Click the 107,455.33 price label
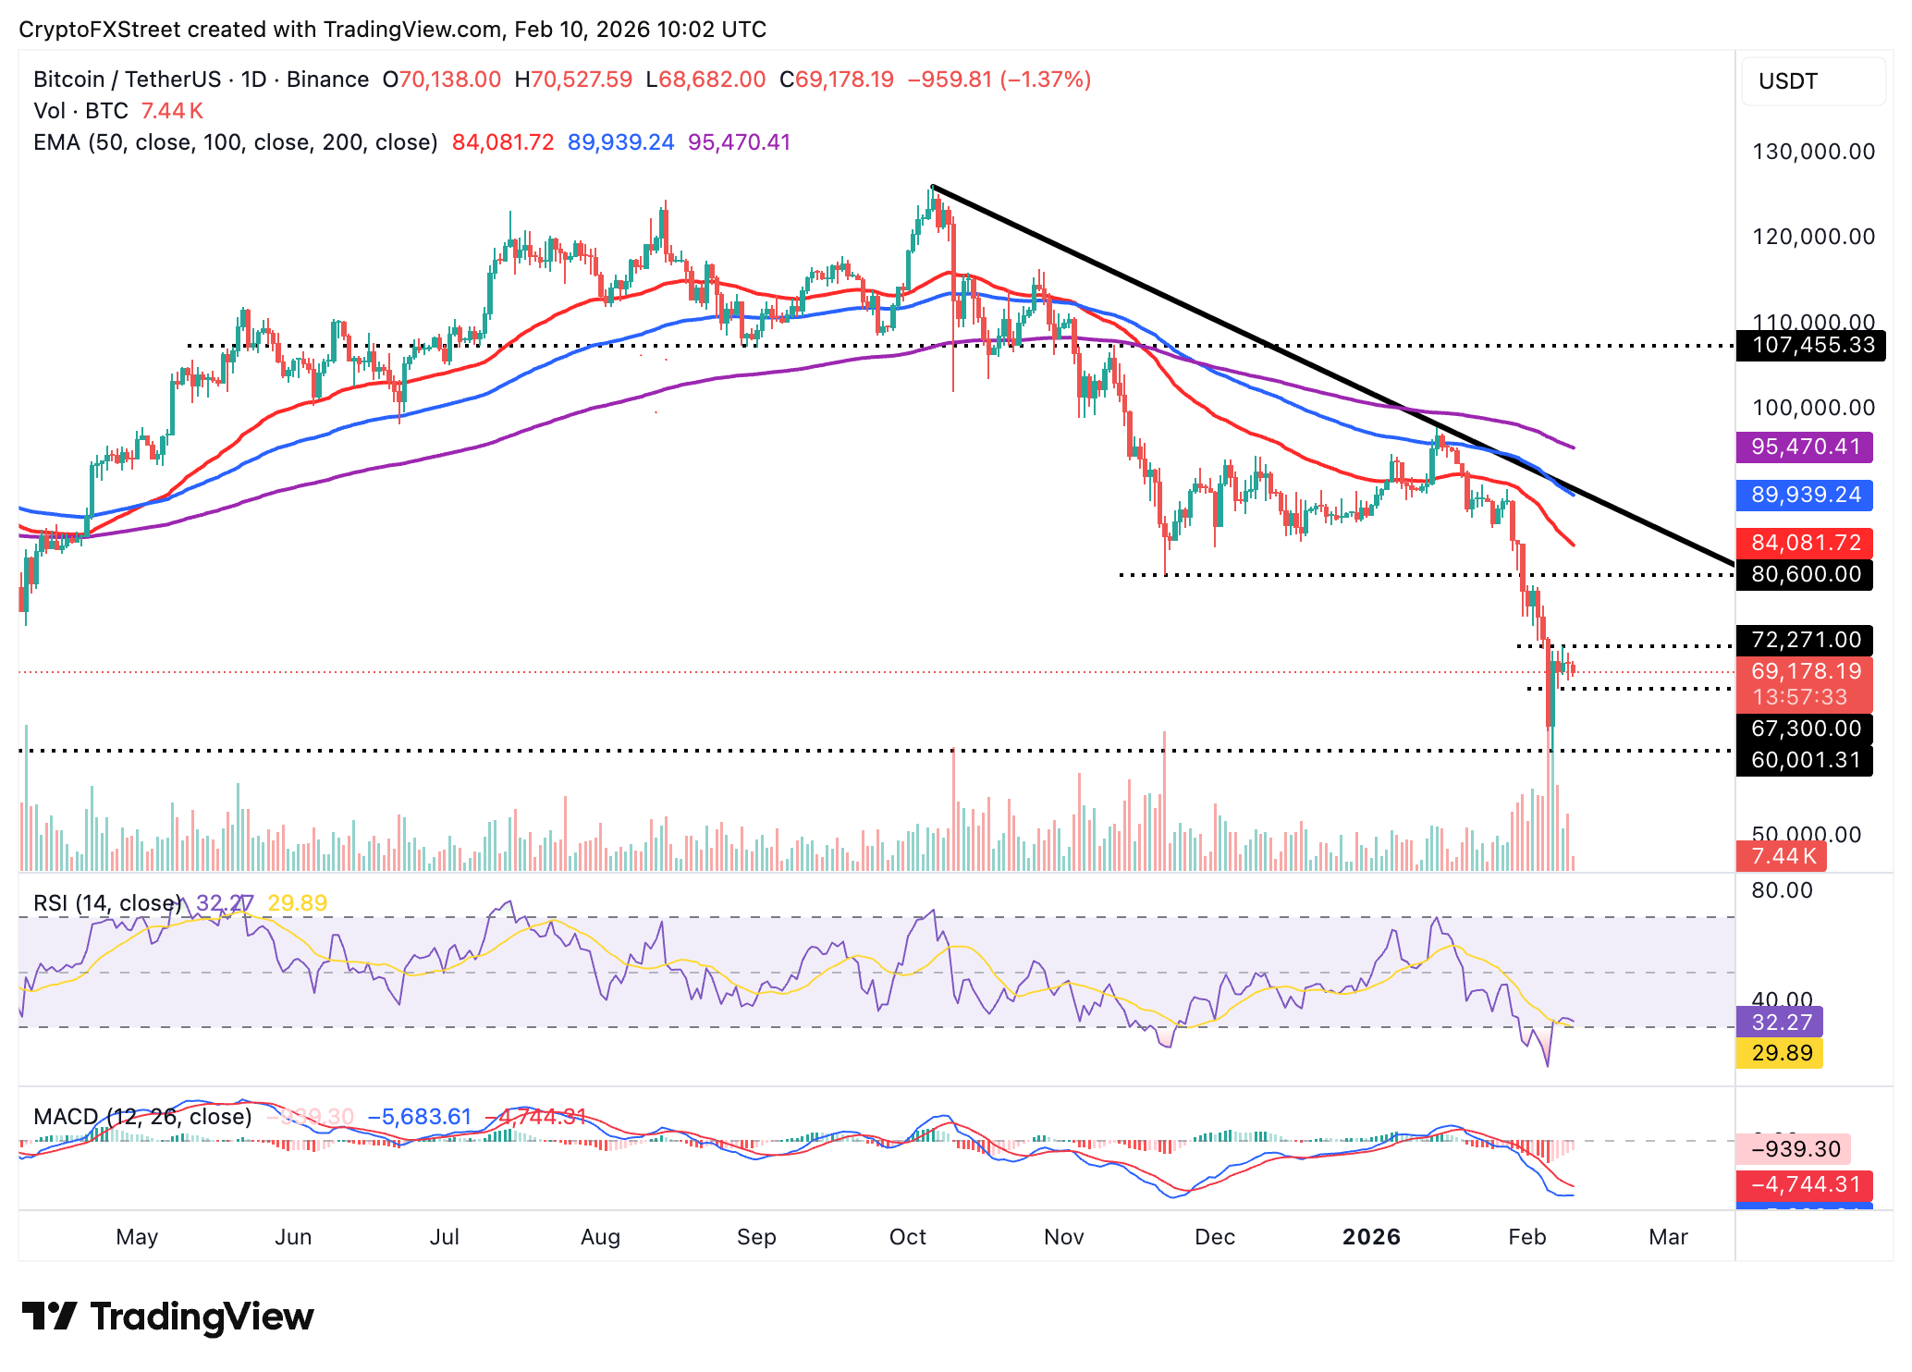(x=1810, y=346)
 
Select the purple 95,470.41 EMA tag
(x=1805, y=447)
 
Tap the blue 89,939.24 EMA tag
(x=1805, y=496)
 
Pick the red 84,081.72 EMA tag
(x=1805, y=543)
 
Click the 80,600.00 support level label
(x=1805, y=575)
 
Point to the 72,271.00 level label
(x=1805, y=640)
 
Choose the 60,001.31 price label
(x=1805, y=760)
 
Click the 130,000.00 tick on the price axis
(x=1813, y=152)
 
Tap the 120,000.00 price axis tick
(x=1813, y=237)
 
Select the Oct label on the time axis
(x=907, y=1237)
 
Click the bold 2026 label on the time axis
(x=1371, y=1237)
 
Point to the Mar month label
(x=1668, y=1237)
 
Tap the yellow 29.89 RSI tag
(x=1780, y=1053)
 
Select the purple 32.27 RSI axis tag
(x=1780, y=1023)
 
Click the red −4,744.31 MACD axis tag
(x=1805, y=1184)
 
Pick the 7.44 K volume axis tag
(x=1782, y=856)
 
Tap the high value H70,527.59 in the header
(x=573, y=80)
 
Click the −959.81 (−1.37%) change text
(x=999, y=80)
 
